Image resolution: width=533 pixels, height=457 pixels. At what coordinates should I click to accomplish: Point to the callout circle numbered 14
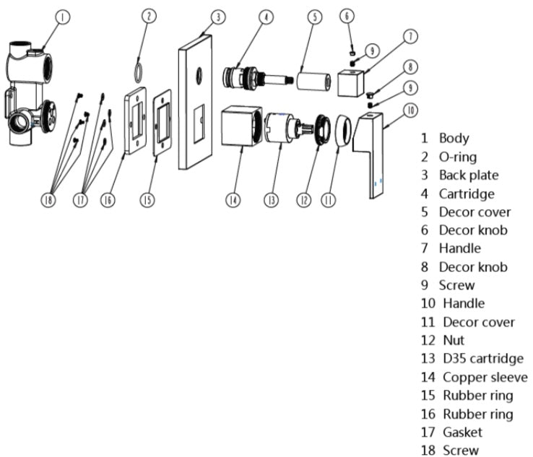coord(233,199)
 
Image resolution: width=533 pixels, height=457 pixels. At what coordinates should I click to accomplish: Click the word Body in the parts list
coord(454,138)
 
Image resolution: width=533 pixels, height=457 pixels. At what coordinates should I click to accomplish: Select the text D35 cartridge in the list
coord(483,359)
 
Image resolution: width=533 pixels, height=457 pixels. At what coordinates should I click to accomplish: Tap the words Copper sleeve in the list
coord(485,377)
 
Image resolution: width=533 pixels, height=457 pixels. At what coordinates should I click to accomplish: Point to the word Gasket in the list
coord(462,432)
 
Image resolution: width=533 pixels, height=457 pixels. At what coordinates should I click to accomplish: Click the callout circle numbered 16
coord(108,199)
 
